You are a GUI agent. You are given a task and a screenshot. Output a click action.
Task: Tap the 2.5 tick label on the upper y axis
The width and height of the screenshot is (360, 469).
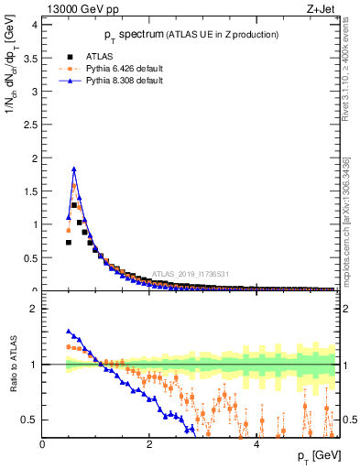pyautogui.click(x=32, y=125)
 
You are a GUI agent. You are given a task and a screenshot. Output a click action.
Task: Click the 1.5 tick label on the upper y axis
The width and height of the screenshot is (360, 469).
pyautogui.click(x=32, y=191)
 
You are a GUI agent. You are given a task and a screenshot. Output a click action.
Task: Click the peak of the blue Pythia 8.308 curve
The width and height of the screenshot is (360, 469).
pyautogui.click(x=74, y=169)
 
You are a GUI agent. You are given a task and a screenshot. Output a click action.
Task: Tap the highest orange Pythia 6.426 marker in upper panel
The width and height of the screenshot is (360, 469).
pyautogui.click(x=74, y=185)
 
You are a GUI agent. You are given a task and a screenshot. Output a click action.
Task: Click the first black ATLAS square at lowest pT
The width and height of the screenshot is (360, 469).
pyautogui.click(x=69, y=242)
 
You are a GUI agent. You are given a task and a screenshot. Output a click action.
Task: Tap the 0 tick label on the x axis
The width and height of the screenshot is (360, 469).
pyautogui.click(x=42, y=444)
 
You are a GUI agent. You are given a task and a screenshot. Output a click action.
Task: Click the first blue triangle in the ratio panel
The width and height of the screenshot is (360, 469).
pyautogui.click(x=69, y=332)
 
